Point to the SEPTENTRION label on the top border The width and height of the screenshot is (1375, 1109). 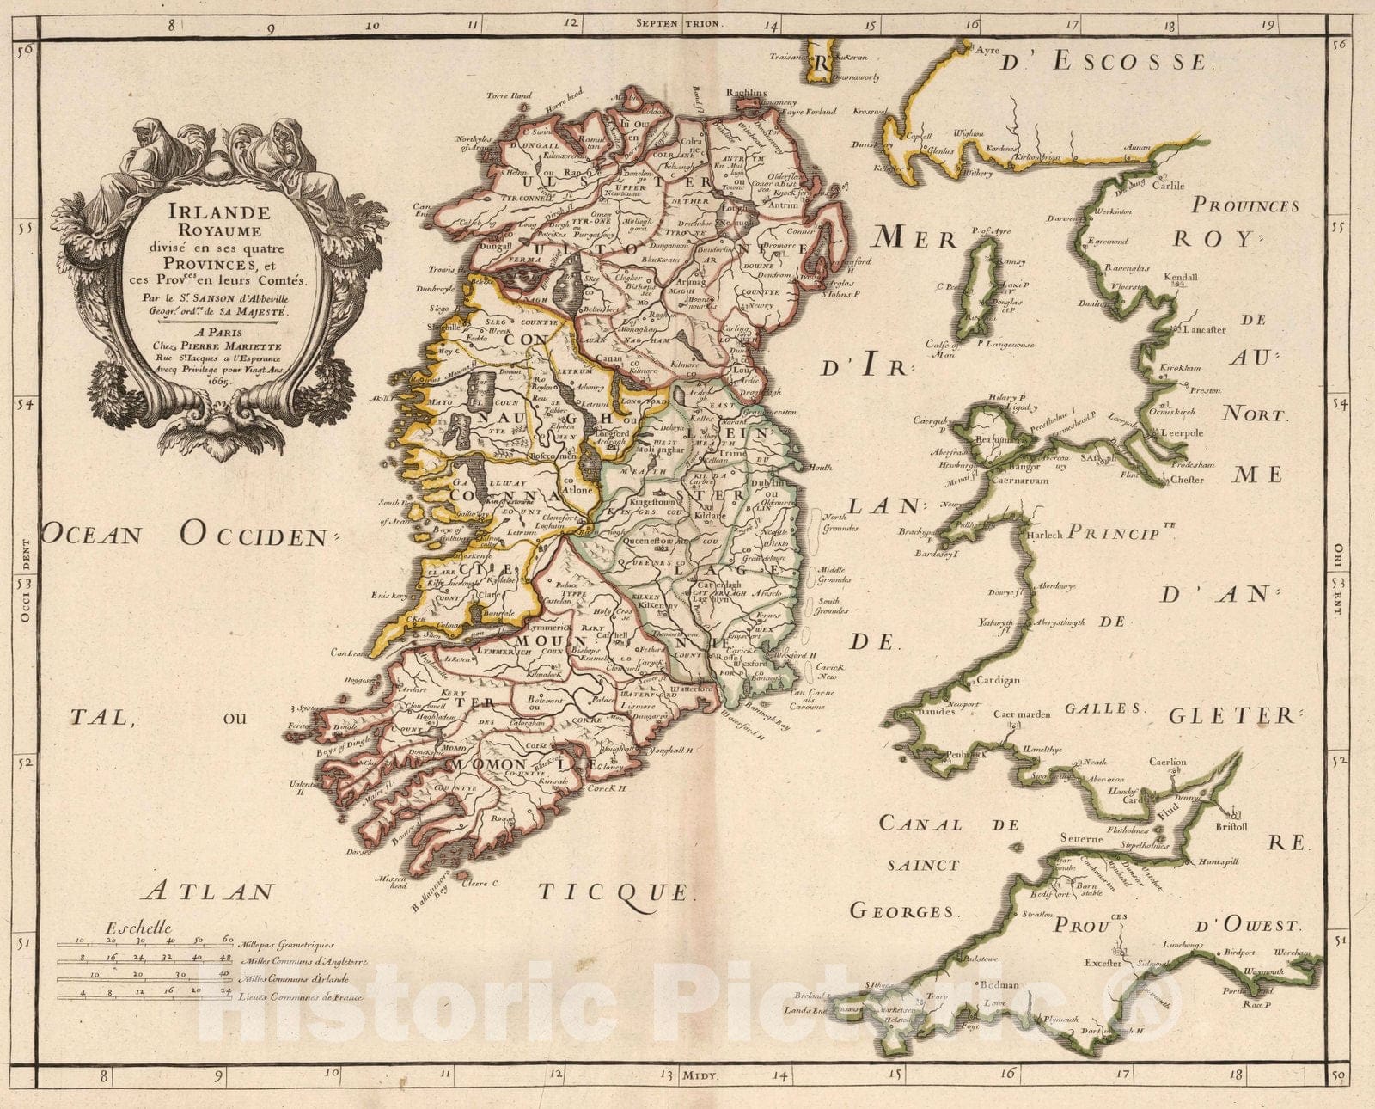coord(681,25)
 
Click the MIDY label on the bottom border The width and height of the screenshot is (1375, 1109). coord(701,1075)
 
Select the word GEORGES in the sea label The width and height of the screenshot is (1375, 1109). coord(902,911)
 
